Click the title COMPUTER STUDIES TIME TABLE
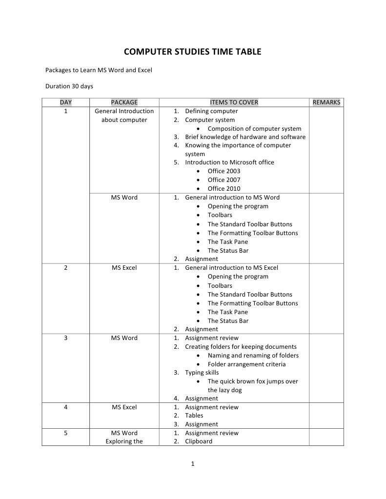(x=192, y=51)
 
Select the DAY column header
(x=65, y=102)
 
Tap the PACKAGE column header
(x=124, y=102)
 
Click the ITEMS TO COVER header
(x=234, y=102)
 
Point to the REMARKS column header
(x=326, y=102)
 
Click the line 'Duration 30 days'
(x=69, y=86)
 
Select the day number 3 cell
(x=65, y=338)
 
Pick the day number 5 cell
(x=65, y=433)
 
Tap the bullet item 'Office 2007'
(x=223, y=180)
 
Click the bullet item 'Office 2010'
(x=223, y=188)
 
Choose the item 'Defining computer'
(x=211, y=111)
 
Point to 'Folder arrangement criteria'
(x=246, y=364)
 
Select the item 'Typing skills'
(x=202, y=372)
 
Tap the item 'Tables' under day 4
(x=194, y=416)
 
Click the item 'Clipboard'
(x=199, y=441)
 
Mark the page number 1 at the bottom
(x=193, y=464)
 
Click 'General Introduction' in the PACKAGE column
(x=124, y=111)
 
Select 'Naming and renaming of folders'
(x=253, y=355)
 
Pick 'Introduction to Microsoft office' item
(x=229, y=162)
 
